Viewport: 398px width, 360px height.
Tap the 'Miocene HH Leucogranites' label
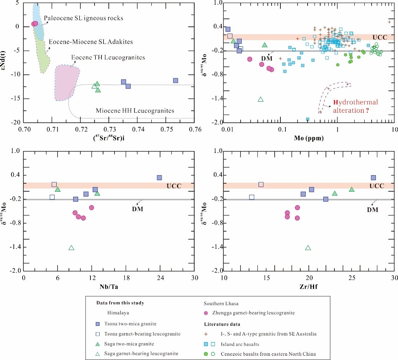pyautogui.click(x=134, y=111)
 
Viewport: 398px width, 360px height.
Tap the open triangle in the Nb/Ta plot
pyautogui.click(x=71, y=248)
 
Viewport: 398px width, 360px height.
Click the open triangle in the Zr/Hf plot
pyautogui.click(x=308, y=248)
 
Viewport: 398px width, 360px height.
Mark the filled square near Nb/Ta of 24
pyautogui.click(x=159, y=178)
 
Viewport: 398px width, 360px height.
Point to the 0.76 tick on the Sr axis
pyautogui.click(x=194, y=130)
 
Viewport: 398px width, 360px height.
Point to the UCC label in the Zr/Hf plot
pyautogui.click(x=377, y=186)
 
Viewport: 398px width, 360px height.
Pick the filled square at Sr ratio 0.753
pyautogui.click(x=175, y=81)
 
